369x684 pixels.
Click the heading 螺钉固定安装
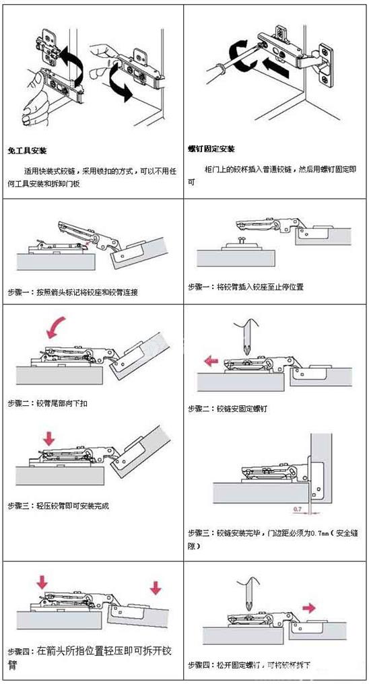211,149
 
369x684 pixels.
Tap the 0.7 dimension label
298,509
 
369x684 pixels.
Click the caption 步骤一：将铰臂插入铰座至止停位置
246,287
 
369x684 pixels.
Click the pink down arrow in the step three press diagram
48,439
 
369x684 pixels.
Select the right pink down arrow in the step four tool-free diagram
156,587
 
